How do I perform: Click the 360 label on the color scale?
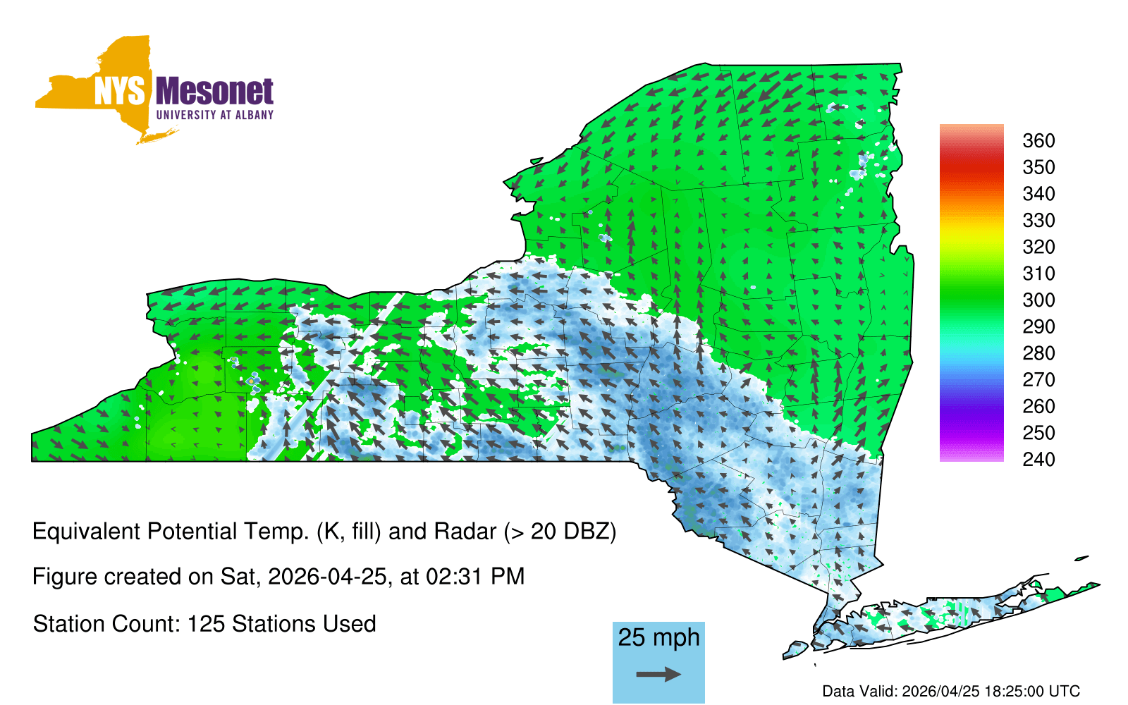tap(1038, 140)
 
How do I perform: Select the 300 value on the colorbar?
tap(1038, 300)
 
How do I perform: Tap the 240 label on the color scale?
tap(1038, 459)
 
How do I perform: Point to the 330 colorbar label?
tap(1038, 221)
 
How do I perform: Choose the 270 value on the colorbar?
tap(1038, 380)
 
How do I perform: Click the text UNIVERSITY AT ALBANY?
tap(215, 115)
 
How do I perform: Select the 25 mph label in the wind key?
tap(658, 637)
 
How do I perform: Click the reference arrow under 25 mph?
tap(658, 674)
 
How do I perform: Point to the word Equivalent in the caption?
tap(86, 532)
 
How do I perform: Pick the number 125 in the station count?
tap(206, 624)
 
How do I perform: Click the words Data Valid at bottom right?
tap(859, 691)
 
